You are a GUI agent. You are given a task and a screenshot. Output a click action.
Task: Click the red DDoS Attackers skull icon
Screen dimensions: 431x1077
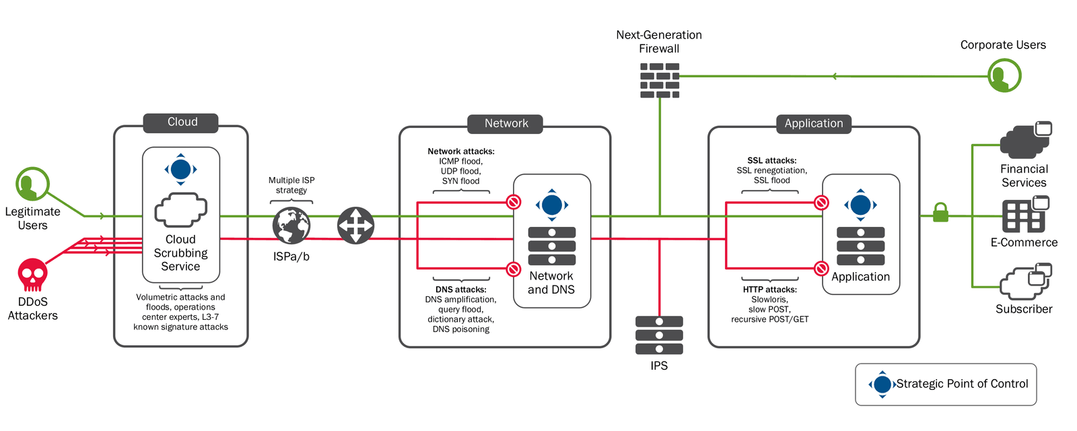32,275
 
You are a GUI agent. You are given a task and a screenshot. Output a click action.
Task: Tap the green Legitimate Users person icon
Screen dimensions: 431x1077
32,184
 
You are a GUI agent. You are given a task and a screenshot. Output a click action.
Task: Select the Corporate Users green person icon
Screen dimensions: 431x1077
1004,75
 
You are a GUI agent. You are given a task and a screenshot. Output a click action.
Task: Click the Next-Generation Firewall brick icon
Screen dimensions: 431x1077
659,80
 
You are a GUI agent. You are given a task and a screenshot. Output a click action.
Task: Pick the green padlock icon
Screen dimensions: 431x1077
940,213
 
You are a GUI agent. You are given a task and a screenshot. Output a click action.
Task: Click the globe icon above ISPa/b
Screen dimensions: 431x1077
291,226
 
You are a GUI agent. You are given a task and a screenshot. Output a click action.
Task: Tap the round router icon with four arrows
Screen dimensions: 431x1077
355,226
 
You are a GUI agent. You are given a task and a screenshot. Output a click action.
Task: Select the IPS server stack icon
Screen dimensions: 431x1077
659,335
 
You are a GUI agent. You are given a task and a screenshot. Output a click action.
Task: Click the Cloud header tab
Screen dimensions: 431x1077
182,122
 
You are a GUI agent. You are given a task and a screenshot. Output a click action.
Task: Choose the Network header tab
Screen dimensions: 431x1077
506,124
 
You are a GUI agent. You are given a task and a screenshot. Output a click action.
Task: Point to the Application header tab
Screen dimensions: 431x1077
813,124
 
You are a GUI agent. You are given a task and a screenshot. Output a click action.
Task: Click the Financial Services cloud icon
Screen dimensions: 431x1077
1024,141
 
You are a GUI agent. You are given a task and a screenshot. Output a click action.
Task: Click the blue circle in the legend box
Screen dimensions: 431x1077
882,385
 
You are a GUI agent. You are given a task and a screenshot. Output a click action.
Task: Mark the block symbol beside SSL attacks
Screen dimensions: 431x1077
821,203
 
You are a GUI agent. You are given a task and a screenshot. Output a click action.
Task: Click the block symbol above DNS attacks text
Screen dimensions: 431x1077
514,269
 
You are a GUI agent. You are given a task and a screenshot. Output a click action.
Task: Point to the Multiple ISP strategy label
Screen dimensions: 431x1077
291,185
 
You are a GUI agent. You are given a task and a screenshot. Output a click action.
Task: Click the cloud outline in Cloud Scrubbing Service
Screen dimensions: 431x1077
180,210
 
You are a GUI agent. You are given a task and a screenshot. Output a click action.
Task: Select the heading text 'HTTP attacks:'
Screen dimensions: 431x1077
769,290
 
